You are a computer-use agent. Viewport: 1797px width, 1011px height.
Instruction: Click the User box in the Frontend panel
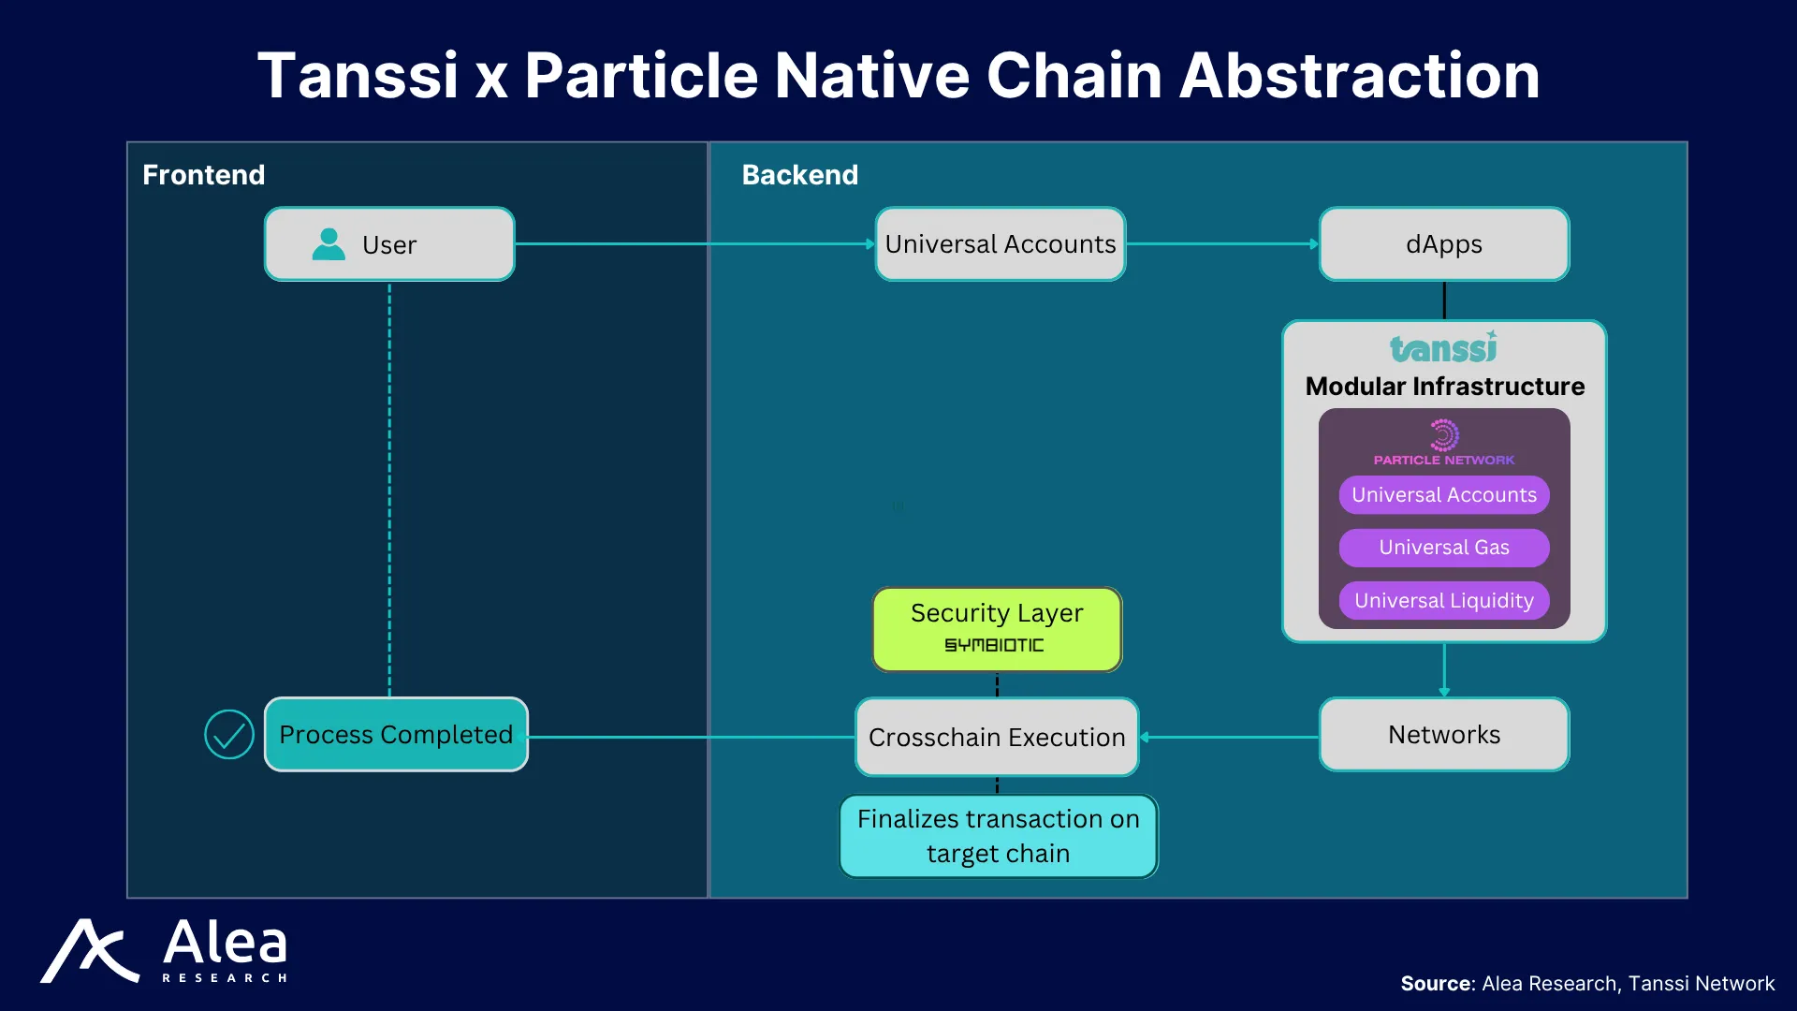tap(389, 244)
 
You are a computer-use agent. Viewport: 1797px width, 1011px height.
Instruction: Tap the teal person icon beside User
tap(329, 244)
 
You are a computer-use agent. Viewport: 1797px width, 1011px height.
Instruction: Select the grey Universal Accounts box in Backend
tap(1000, 244)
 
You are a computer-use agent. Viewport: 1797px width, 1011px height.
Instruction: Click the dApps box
tap(1444, 244)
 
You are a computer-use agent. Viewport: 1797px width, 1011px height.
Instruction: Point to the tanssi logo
tap(1443, 347)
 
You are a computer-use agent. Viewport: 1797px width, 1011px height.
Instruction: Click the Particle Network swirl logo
tap(1444, 435)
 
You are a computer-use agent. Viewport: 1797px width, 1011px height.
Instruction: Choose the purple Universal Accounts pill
tap(1444, 495)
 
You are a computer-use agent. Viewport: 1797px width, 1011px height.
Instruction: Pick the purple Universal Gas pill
tap(1444, 548)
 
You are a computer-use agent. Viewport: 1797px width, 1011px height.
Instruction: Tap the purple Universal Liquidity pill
tap(1444, 601)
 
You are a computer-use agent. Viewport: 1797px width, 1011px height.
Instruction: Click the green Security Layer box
tap(997, 629)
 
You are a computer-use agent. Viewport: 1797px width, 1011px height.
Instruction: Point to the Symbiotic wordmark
tap(994, 645)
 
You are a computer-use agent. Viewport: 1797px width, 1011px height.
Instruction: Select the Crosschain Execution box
tap(997, 738)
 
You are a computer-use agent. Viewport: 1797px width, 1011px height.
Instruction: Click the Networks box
tap(1444, 735)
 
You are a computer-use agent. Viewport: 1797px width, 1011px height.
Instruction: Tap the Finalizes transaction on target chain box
tap(999, 836)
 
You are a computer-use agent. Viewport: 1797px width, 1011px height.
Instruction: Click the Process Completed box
tap(396, 735)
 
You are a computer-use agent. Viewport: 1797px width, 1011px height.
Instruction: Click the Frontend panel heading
tap(204, 175)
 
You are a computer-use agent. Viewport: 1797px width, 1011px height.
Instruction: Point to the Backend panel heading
tap(800, 175)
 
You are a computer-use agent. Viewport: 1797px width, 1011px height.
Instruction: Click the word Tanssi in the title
tap(358, 75)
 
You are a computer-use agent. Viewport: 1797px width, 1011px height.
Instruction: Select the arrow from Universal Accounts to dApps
tap(1222, 244)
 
